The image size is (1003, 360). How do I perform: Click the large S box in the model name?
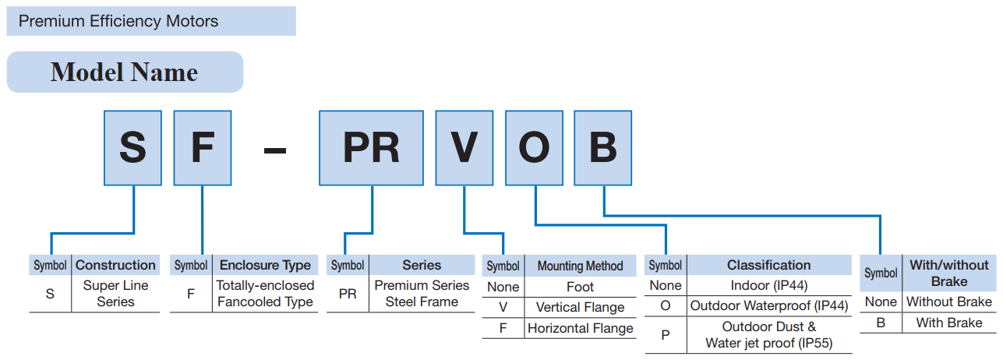tap(132, 147)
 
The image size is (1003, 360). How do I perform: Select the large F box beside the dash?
tap(202, 147)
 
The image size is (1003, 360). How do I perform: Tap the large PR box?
tap(371, 147)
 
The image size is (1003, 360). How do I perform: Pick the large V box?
tap(464, 147)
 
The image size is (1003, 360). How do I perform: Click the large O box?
tap(534, 147)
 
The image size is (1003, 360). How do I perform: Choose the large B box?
tap(603, 147)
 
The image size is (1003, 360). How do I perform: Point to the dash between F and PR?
tap(275, 148)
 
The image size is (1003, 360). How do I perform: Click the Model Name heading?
tap(124, 72)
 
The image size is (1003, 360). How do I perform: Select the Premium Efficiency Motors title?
tap(118, 21)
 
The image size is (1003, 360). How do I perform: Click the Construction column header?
tap(115, 265)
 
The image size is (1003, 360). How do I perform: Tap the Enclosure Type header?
tap(265, 265)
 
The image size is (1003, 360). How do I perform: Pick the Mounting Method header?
tap(580, 266)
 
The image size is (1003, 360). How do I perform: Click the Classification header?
tap(768, 265)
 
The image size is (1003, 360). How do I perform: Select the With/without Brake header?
tap(948, 273)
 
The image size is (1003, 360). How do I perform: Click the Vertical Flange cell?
tap(580, 307)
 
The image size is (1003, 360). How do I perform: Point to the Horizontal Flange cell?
tap(580, 328)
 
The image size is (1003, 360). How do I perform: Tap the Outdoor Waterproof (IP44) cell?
tap(768, 305)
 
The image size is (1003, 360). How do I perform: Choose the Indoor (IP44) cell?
tap(768, 285)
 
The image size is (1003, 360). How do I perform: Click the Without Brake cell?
tap(948, 302)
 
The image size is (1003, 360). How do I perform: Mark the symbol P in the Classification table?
tap(665, 334)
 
